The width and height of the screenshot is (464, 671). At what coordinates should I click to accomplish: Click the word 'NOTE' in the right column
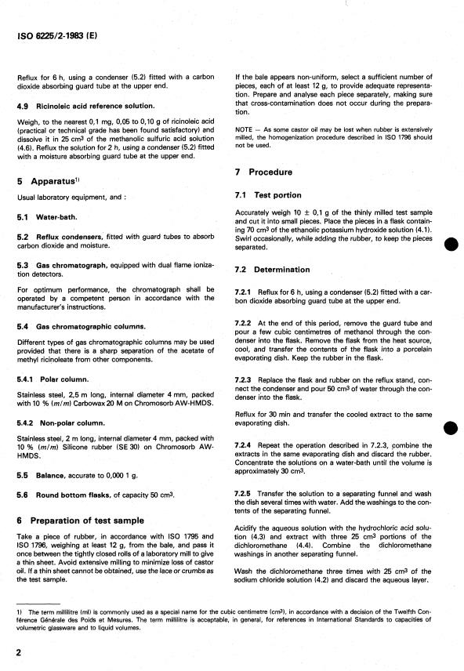245,129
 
